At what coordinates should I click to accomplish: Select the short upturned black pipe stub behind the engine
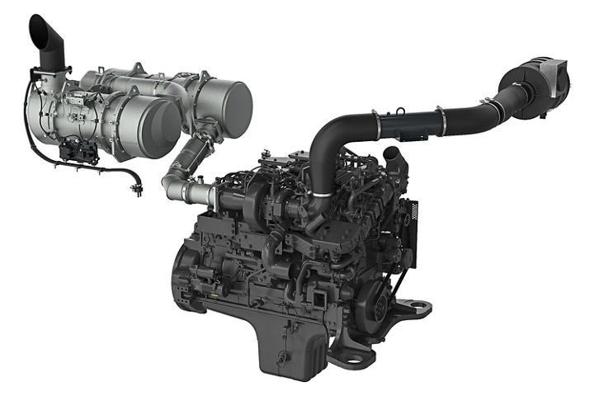[393, 157]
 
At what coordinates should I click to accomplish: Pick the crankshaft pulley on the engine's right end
[381, 301]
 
